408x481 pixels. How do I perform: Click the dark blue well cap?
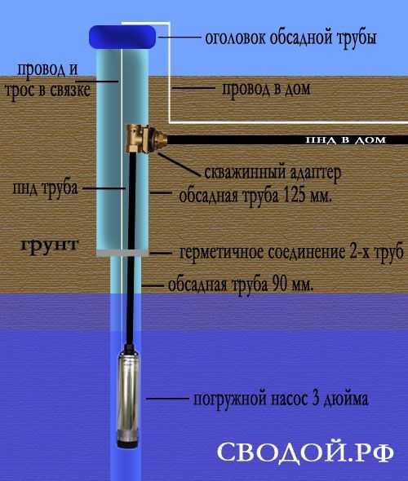(122, 37)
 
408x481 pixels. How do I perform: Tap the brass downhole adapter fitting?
(146, 139)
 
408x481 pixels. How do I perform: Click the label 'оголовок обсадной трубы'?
(290, 38)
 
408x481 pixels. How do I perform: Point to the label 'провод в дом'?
(266, 89)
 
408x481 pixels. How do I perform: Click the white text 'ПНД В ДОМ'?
(345, 140)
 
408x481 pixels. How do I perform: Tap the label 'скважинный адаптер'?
(273, 173)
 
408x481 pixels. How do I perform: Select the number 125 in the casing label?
(295, 196)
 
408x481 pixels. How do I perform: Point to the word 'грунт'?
(50, 245)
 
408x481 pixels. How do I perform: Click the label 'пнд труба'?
(45, 188)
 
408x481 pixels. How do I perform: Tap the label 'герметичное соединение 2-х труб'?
(290, 253)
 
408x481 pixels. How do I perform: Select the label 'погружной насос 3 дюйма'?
(281, 399)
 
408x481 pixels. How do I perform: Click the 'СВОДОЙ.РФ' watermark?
(305, 452)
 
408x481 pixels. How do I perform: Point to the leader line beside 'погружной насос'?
(167, 399)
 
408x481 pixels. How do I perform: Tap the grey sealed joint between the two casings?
(122, 253)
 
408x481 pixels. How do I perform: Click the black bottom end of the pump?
(129, 443)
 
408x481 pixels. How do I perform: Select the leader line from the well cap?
(180, 38)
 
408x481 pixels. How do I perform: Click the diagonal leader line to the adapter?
(179, 164)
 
